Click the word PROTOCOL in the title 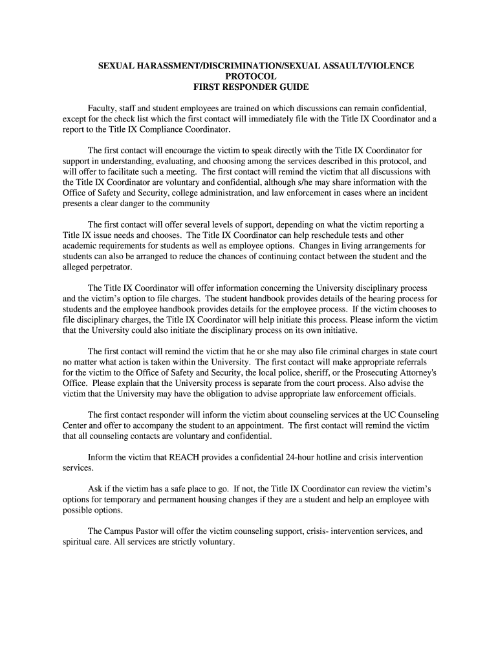tap(248, 76)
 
